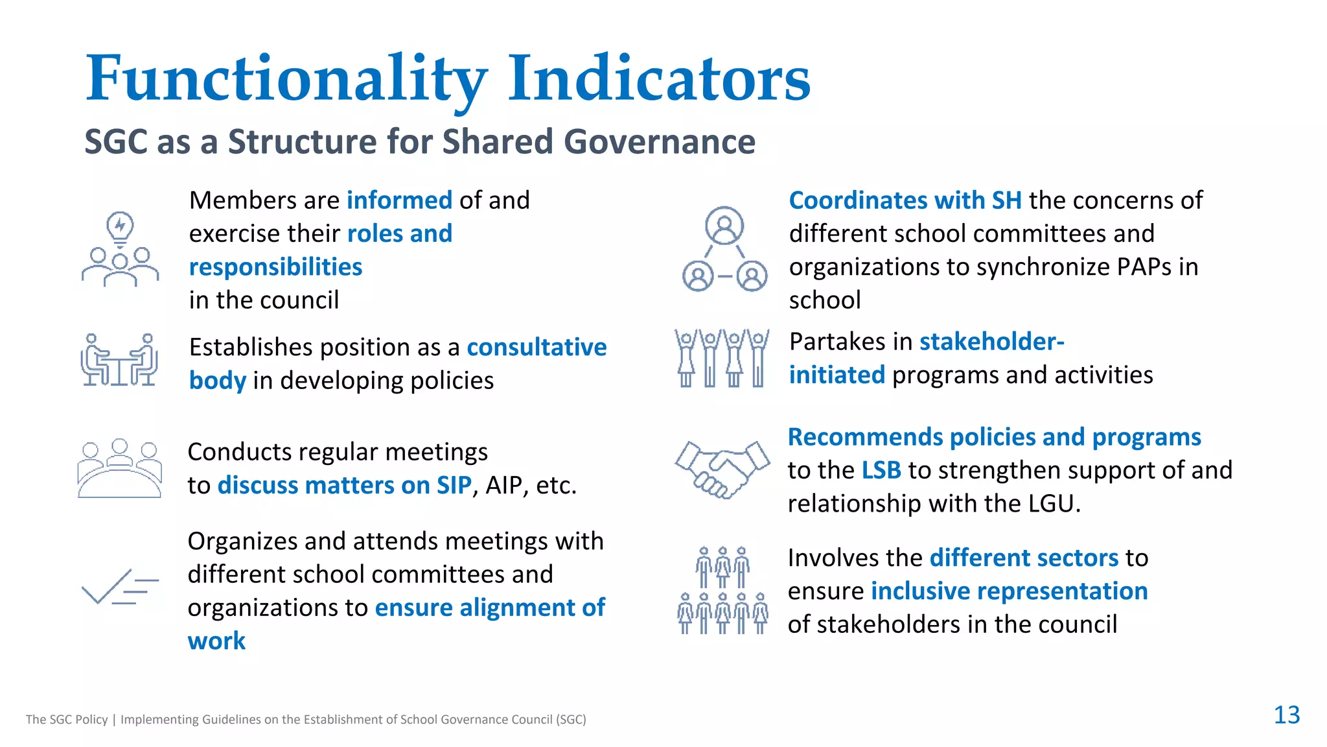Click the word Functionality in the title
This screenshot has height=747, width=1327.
point(286,79)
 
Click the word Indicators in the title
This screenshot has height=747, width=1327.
point(658,79)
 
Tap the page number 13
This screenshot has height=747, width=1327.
point(1286,715)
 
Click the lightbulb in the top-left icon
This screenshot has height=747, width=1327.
point(120,227)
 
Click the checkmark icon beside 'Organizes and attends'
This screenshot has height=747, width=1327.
point(120,586)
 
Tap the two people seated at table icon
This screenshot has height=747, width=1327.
point(120,360)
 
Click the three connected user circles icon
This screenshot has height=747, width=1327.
point(724,250)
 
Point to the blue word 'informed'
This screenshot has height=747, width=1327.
point(399,200)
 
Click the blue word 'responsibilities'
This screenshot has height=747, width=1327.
point(275,267)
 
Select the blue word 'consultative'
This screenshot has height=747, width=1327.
point(537,348)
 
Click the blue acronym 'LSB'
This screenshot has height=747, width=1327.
point(881,471)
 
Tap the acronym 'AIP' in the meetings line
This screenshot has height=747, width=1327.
point(503,486)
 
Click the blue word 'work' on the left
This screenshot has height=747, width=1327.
point(216,641)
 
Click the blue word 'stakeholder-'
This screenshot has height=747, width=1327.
point(991,342)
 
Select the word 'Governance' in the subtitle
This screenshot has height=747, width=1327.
point(659,141)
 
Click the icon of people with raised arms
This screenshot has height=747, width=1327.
point(722,358)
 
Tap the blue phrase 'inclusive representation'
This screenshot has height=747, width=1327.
point(1009,591)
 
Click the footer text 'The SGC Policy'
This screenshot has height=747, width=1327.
point(67,719)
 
